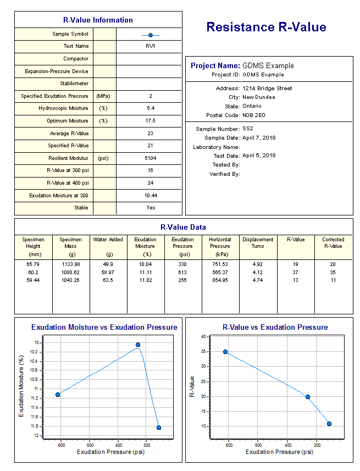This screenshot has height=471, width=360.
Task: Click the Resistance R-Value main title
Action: [267, 27]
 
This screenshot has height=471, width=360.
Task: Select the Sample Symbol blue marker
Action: [150, 35]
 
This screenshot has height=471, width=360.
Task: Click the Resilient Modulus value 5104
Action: [150, 158]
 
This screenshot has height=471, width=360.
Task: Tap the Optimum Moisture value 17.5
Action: [150, 121]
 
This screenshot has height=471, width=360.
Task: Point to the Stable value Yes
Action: [151, 208]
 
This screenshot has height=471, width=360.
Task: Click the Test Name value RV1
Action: [150, 47]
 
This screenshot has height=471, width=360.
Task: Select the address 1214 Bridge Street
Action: [267, 88]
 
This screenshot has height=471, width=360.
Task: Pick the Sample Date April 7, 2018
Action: [259, 138]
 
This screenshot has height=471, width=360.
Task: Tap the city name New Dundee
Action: [259, 97]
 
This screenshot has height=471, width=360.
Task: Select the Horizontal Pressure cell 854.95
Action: [220, 280]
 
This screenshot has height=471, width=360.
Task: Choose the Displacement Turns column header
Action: [258, 243]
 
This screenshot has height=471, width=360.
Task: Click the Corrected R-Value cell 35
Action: [333, 272]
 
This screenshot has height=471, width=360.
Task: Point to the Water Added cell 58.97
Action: [108, 272]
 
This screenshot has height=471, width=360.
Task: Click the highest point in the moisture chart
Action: [137, 345]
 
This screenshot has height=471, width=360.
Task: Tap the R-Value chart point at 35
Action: [225, 352]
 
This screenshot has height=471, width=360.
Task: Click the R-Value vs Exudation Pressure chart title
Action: [267, 327]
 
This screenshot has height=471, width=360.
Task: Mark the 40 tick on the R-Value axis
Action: [203, 336]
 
